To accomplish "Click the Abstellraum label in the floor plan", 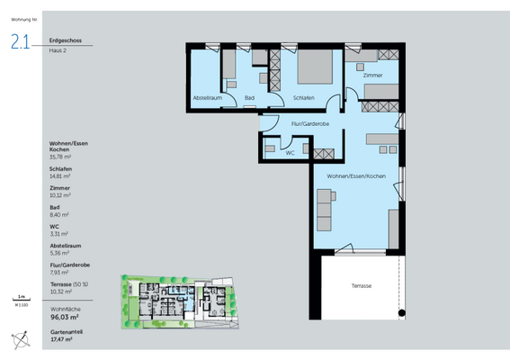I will [x=206, y=97].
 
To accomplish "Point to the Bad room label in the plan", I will [x=249, y=97].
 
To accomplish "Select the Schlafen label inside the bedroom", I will [x=303, y=97].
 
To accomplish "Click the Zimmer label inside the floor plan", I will [x=372, y=76].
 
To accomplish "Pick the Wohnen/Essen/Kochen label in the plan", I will [x=355, y=175].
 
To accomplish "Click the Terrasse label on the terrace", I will [x=362, y=285].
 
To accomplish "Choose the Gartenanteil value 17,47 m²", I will [x=61, y=338].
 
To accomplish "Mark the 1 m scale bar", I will [x=20, y=296].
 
